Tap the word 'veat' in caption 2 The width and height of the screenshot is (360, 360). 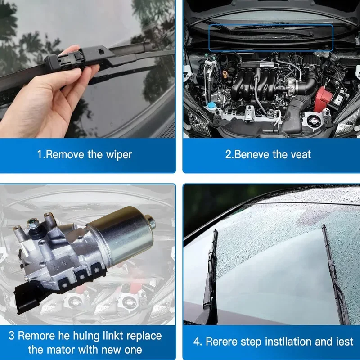pyautogui.click(x=299, y=155)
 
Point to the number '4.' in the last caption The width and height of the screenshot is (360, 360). pyautogui.click(x=198, y=342)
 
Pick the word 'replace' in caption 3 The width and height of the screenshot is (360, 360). pyautogui.click(x=144, y=336)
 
